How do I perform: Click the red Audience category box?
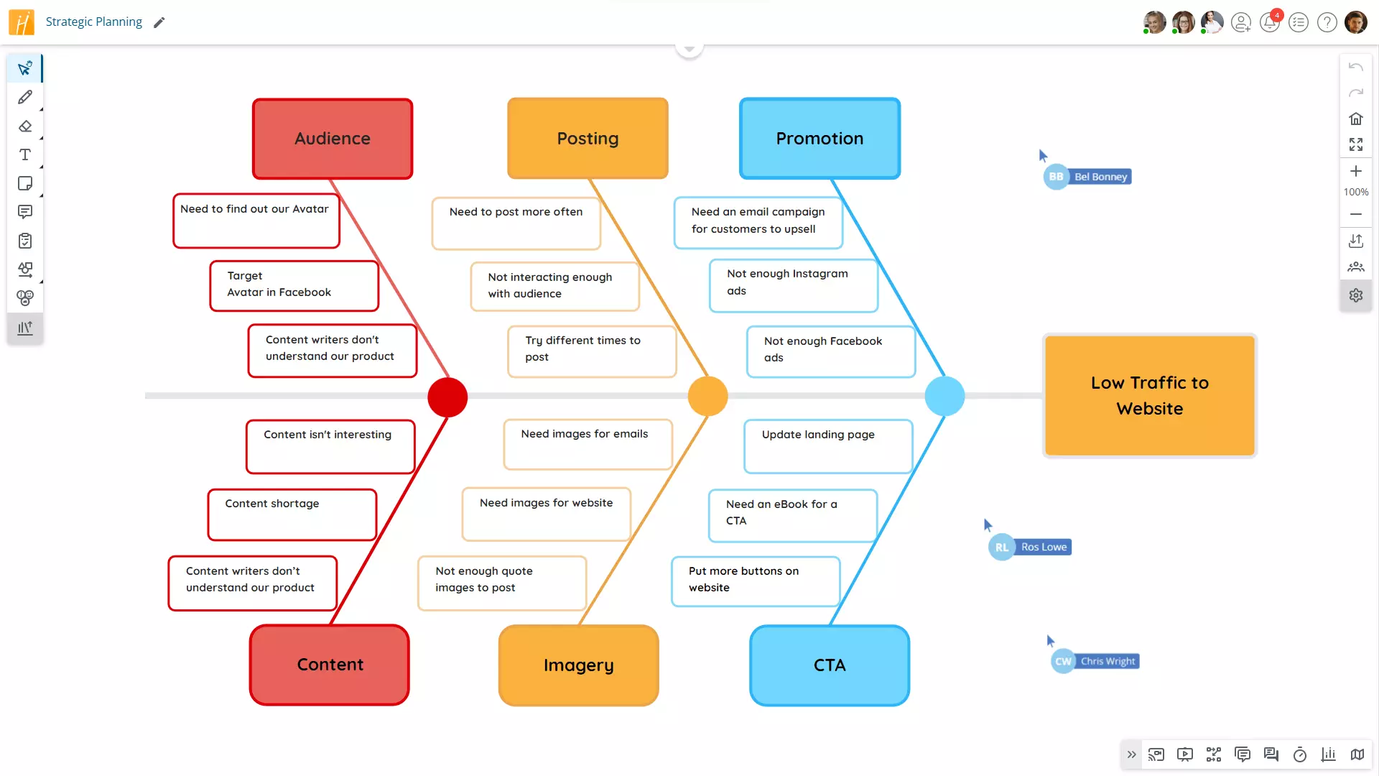pyautogui.click(x=333, y=139)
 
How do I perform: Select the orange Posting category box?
pyautogui.click(x=588, y=139)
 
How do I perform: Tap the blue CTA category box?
pyautogui.click(x=830, y=665)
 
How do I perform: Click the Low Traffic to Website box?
pyautogui.click(x=1149, y=395)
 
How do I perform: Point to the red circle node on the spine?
pyautogui.click(x=447, y=397)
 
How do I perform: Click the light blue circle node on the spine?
pyautogui.click(x=944, y=397)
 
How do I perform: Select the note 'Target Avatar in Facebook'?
pyautogui.click(x=294, y=285)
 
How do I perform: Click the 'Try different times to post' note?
pyautogui.click(x=591, y=351)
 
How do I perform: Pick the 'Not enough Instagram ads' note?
pyautogui.click(x=793, y=285)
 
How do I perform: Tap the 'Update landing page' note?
pyautogui.click(x=827, y=446)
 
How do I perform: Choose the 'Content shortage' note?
pyautogui.click(x=292, y=514)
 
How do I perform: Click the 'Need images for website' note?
pyautogui.click(x=546, y=514)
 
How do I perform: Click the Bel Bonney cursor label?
pyautogui.click(x=1100, y=177)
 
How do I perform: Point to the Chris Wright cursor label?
pyautogui.click(x=1108, y=661)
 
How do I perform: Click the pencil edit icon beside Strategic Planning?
pyautogui.click(x=159, y=22)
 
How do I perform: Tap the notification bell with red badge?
pyautogui.click(x=1270, y=23)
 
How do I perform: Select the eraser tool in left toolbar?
pyautogui.click(x=25, y=126)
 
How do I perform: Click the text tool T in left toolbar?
pyautogui.click(x=25, y=154)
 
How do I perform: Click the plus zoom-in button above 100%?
pyautogui.click(x=1355, y=171)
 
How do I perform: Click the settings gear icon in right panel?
pyautogui.click(x=1355, y=295)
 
